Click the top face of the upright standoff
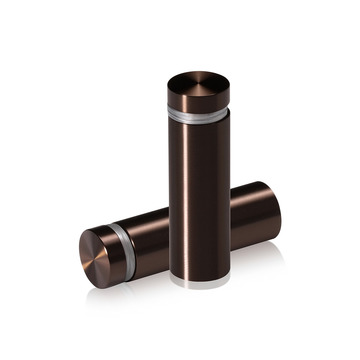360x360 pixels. click(198, 80)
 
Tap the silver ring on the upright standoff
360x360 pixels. click(198, 115)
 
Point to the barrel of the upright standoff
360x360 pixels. click(198, 200)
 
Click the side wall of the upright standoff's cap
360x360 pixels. click(198, 101)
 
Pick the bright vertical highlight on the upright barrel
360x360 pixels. click(214, 200)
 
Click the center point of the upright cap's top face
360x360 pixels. click(198, 81)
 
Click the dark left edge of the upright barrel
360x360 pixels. click(172, 200)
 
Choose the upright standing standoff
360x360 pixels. click(198, 180)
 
